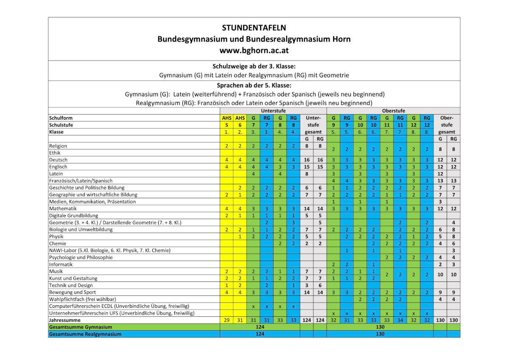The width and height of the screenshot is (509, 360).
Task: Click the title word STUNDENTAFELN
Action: click(x=254, y=28)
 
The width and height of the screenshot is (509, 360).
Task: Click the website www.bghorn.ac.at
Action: click(x=254, y=50)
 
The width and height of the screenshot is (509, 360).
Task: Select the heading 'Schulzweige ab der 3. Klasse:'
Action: click(x=254, y=66)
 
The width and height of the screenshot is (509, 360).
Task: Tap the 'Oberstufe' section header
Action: click(x=393, y=111)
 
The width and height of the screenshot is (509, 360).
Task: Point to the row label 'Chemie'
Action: click(x=58, y=244)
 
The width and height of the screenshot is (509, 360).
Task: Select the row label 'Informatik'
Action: click(x=61, y=264)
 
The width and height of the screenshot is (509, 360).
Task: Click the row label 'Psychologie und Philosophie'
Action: click(x=81, y=257)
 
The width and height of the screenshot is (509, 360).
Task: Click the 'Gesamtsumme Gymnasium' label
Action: click(x=81, y=327)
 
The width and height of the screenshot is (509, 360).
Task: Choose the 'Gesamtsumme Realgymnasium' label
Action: click(x=85, y=334)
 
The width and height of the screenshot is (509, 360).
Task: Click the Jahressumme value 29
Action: click(x=227, y=320)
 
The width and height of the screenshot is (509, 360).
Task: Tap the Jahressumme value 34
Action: click(x=400, y=320)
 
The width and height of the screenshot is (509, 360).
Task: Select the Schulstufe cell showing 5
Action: click(x=227, y=125)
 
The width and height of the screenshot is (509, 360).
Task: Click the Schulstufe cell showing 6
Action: click(x=240, y=125)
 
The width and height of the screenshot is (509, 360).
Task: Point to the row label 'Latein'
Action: click(x=56, y=174)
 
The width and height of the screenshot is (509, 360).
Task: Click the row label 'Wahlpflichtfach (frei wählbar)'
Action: click(x=82, y=299)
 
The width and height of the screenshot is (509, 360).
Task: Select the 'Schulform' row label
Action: click(x=60, y=118)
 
